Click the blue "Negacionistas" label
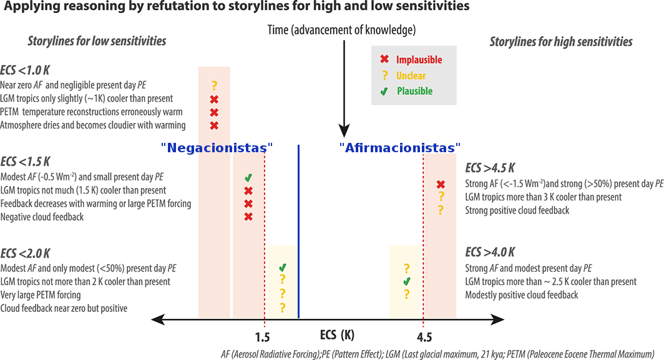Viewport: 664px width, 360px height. [x=217, y=148]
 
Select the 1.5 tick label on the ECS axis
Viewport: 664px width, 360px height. [x=262, y=338]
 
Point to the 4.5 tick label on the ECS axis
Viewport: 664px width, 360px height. [x=424, y=338]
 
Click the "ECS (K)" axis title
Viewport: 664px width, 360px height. [x=337, y=335]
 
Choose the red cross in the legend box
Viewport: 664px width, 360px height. [x=385, y=60]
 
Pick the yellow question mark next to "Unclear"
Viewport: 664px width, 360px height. [x=385, y=75]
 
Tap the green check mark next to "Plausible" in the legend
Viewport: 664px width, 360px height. [x=385, y=91]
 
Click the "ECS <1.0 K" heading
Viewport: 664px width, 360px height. [x=26, y=70]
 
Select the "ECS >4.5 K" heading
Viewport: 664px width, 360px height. [x=490, y=169]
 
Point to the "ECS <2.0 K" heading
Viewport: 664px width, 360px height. [x=26, y=253]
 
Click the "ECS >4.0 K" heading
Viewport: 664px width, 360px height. [x=490, y=252]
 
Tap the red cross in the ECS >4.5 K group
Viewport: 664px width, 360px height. [x=441, y=184]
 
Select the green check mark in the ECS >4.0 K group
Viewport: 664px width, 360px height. [x=407, y=282]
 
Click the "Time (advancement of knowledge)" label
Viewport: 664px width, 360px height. [x=341, y=30]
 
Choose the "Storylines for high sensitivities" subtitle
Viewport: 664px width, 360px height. [x=560, y=42]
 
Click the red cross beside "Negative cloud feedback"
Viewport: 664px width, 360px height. [x=248, y=217]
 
